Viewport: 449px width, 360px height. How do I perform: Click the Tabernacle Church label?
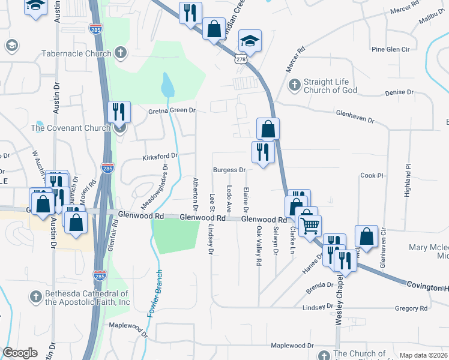[76, 53]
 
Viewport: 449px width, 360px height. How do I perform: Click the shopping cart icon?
[310, 226]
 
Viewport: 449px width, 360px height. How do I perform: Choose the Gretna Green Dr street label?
[172, 110]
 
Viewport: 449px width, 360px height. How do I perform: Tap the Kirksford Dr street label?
[160, 157]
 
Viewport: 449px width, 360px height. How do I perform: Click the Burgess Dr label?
[230, 170]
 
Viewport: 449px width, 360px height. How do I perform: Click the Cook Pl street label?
[371, 176]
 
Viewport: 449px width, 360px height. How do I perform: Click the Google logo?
[20, 353]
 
